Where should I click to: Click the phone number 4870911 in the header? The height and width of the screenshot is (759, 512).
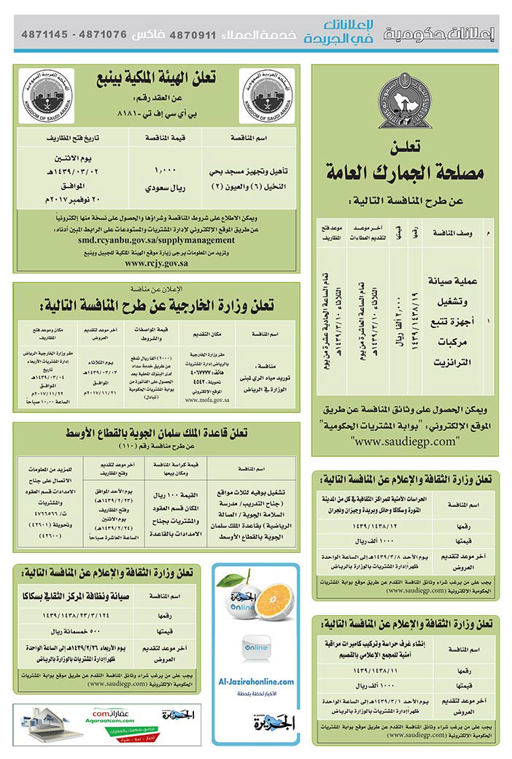point(193,34)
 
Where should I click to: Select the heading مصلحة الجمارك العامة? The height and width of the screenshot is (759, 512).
point(405,172)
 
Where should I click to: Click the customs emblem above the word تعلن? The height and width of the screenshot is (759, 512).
point(405,105)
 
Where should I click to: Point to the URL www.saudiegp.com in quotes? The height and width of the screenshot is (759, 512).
point(405,441)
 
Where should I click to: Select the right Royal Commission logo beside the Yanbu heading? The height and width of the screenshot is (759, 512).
point(267,96)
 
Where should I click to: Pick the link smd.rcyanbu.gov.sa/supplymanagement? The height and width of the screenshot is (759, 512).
point(156,238)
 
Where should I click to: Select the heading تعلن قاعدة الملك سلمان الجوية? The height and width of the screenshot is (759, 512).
point(155,433)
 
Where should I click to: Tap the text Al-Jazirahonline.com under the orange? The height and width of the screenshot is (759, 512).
point(256,681)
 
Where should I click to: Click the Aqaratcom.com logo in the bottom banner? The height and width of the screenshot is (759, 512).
point(109,716)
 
